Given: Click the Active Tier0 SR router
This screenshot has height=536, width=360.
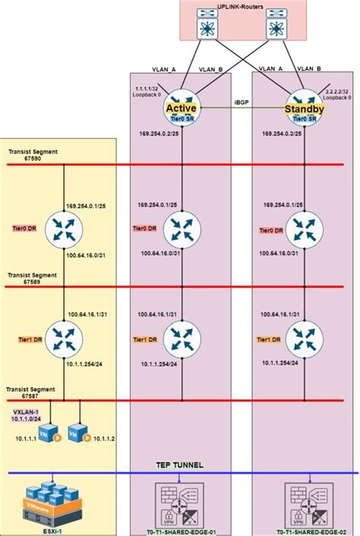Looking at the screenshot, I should pos(182,109).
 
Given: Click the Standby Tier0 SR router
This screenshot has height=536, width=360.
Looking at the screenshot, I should pos(304,109).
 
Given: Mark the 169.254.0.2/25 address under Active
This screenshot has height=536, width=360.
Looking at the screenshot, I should pos(156,133).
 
